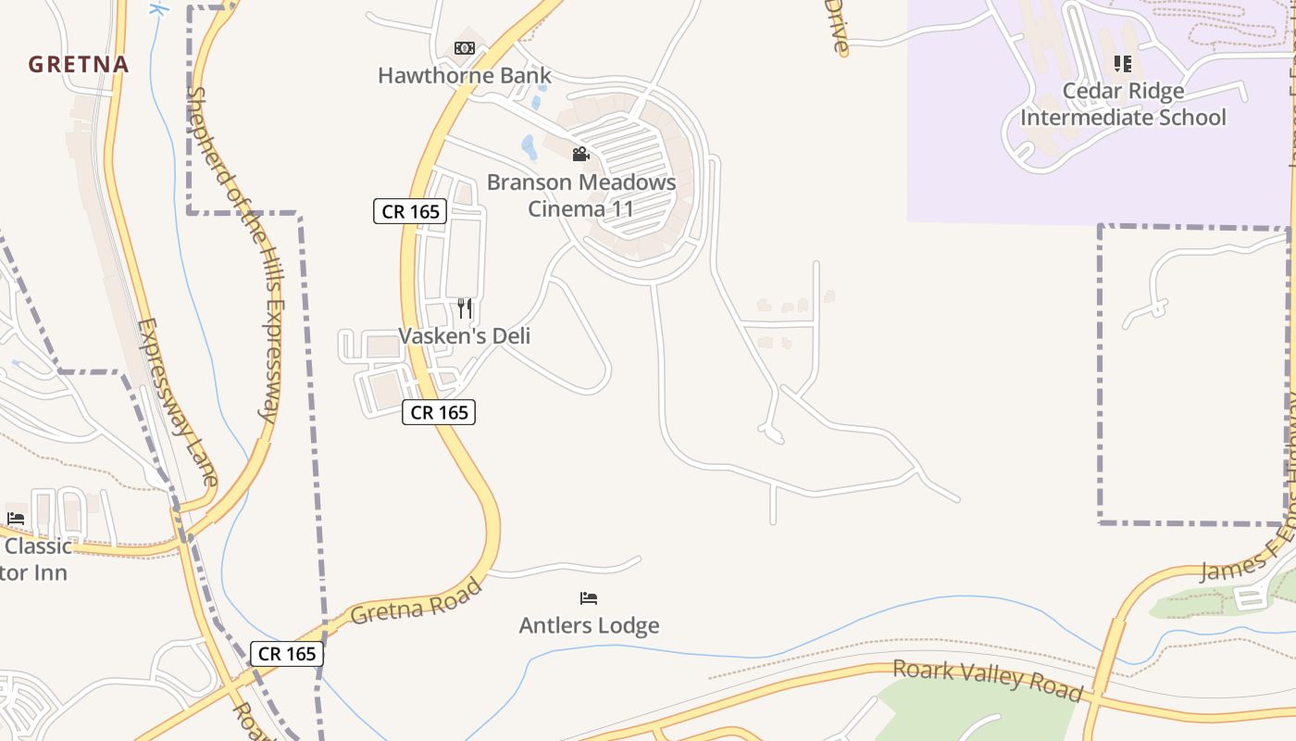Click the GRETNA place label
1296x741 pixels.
[x=78, y=65]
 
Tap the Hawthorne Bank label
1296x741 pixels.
[x=464, y=76]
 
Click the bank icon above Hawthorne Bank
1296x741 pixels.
[x=465, y=48]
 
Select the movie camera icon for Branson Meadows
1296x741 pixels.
[x=580, y=154]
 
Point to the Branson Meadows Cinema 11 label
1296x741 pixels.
[x=581, y=195]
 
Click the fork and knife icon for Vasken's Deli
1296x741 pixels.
[x=465, y=308]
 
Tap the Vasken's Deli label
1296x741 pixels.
[x=465, y=335]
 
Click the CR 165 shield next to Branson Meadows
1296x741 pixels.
[x=410, y=211]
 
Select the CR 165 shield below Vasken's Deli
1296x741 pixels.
[x=439, y=412]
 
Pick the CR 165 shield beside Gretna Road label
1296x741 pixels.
[x=287, y=654]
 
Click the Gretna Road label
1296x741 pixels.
[x=417, y=601]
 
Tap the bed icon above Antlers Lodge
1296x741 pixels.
[x=589, y=598]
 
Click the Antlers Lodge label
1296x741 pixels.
[x=589, y=626]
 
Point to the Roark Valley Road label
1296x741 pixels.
[x=988, y=680]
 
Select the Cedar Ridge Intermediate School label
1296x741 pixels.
[x=1123, y=105]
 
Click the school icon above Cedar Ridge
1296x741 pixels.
[x=1123, y=64]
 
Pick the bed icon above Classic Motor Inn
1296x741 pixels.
[x=16, y=519]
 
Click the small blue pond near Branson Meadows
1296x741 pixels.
[x=529, y=146]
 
